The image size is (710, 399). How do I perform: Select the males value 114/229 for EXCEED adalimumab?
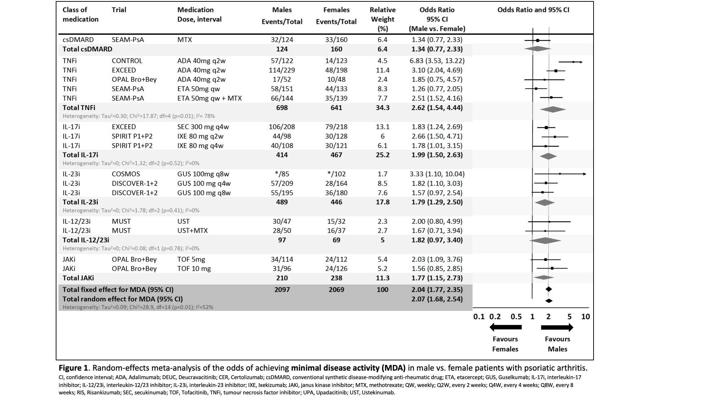coord(282,70)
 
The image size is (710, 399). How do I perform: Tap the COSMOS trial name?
coord(126,174)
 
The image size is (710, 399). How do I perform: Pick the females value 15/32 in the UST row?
coord(336,221)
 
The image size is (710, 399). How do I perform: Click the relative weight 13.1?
coord(382,127)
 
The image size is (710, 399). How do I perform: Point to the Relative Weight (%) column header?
coord(382,19)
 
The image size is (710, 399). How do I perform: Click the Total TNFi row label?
coord(79,108)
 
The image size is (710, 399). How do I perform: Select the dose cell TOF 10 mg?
coord(194,269)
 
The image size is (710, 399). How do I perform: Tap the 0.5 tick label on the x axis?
coord(516,317)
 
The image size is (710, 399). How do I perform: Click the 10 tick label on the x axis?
coord(585,317)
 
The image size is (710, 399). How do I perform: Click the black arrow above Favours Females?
coord(505,327)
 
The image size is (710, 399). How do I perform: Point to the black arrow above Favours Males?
coord(557,327)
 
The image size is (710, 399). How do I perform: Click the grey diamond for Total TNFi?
coord(553,110)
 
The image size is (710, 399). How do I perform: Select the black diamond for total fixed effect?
coord(548,289)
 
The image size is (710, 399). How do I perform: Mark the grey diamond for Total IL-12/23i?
coord(545,240)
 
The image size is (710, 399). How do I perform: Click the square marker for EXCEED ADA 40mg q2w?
coord(556,71)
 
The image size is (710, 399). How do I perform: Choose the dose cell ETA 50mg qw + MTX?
coord(209,99)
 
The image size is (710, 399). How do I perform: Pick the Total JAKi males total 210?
coord(282,278)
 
